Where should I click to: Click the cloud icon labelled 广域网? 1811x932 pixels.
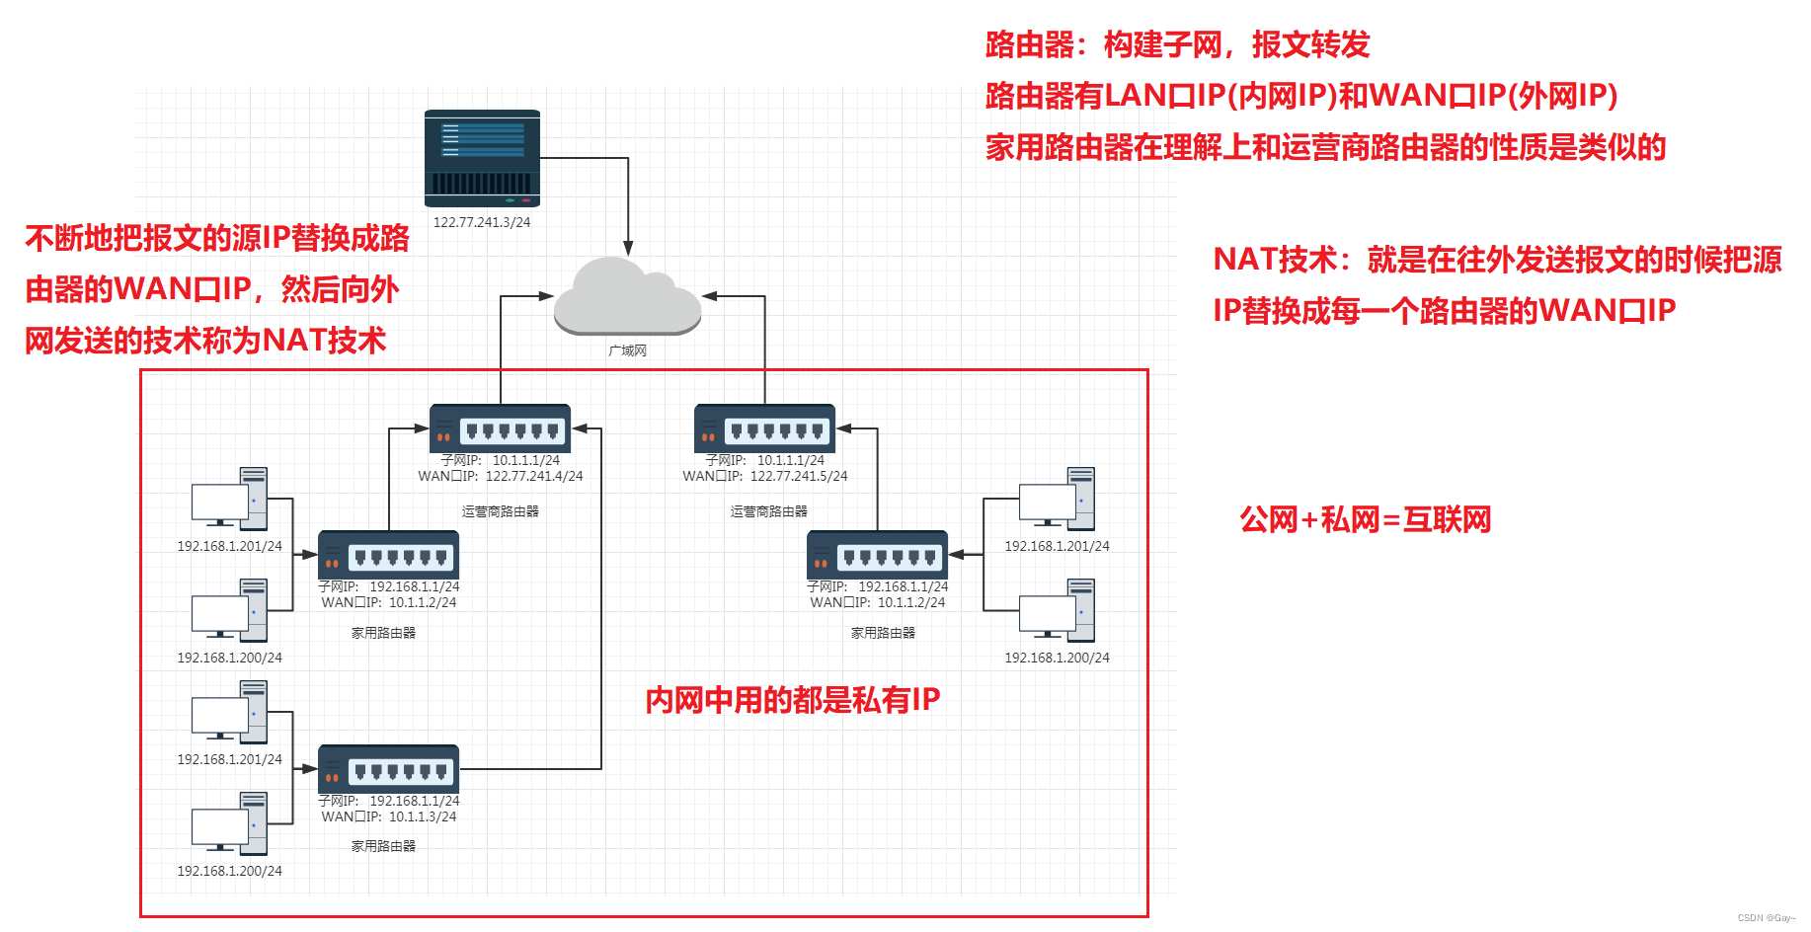(627, 296)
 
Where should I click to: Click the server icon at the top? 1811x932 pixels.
(482, 157)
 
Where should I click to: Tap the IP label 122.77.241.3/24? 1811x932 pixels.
(482, 222)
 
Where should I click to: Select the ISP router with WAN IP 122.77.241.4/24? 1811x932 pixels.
(500, 427)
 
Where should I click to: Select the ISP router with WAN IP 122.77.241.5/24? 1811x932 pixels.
(764, 427)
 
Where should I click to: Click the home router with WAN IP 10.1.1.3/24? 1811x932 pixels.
(388, 768)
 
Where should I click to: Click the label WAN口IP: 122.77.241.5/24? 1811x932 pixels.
(765, 476)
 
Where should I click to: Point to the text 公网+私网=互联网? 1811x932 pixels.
(1365, 519)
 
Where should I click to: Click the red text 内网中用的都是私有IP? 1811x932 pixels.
(792, 700)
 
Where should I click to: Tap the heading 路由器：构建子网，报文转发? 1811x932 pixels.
(1177, 44)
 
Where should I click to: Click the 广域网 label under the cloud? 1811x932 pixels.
(627, 350)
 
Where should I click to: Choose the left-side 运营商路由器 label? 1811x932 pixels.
(500, 511)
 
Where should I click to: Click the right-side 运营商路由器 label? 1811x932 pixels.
(768, 511)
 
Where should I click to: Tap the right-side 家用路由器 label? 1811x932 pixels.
(883, 633)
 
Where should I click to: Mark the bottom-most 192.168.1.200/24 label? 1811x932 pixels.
(229, 871)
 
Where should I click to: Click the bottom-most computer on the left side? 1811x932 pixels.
(229, 823)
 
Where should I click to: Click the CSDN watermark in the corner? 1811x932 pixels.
(1766, 918)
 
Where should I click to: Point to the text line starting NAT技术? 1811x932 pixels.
(1496, 260)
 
